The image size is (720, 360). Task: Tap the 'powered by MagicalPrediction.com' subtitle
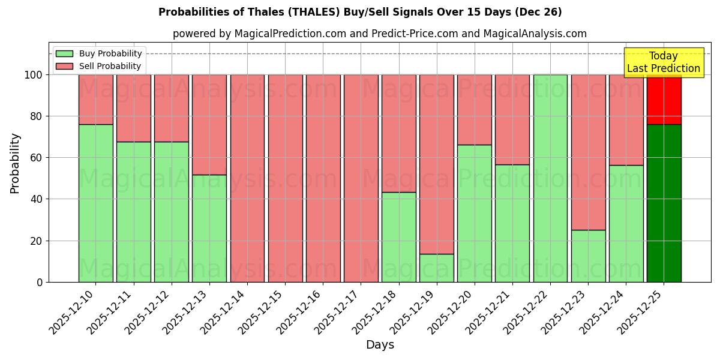pyautogui.click(x=379, y=34)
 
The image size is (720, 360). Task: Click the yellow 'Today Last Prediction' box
pyautogui.click(x=663, y=62)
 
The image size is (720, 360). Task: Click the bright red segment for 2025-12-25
pyautogui.click(x=664, y=100)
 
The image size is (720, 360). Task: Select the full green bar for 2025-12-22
pyautogui.click(x=550, y=178)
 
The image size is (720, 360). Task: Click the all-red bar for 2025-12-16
pyautogui.click(x=323, y=178)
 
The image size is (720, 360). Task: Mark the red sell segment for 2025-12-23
pyautogui.click(x=588, y=152)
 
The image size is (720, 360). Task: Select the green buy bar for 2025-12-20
pyautogui.click(x=475, y=213)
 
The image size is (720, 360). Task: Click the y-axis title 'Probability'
pyautogui.click(x=15, y=163)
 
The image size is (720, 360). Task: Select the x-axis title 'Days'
pyautogui.click(x=380, y=345)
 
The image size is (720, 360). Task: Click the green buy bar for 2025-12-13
pyautogui.click(x=209, y=228)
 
